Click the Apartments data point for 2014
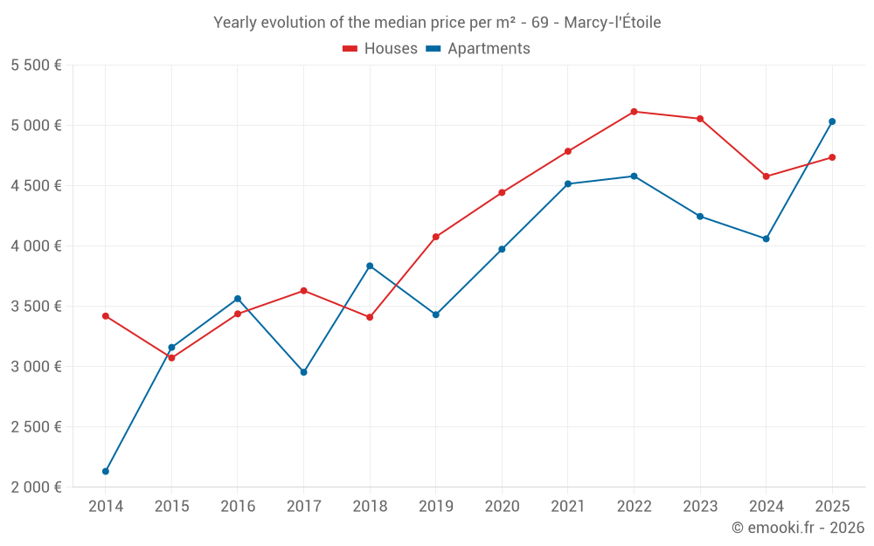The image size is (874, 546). click(x=106, y=471)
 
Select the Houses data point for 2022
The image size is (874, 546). click(x=634, y=112)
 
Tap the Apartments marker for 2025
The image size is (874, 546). click(x=832, y=121)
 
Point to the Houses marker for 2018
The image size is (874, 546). click(x=370, y=317)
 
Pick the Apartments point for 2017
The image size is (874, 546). click(x=304, y=372)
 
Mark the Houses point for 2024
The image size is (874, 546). click(x=766, y=176)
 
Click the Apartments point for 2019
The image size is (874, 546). click(x=436, y=314)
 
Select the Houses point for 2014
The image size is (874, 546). click(x=106, y=316)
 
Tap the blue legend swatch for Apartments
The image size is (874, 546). click(x=433, y=49)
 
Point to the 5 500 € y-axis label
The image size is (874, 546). click(x=36, y=66)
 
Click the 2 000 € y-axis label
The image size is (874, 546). click(x=36, y=487)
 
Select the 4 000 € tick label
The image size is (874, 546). click(x=36, y=246)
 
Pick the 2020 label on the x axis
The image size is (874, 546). click(x=502, y=507)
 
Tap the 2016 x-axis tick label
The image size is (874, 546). click(x=238, y=507)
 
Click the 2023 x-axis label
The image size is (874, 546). click(x=700, y=507)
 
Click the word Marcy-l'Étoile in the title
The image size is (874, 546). click(x=612, y=23)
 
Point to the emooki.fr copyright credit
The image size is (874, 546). click(x=797, y=528)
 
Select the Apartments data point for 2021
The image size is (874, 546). click(x=568, y=184)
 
